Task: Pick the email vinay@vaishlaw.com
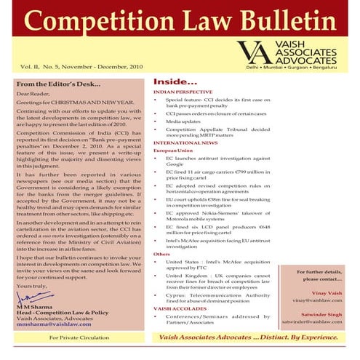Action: click(316, 300)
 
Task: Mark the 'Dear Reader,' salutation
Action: click(33, 95)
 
